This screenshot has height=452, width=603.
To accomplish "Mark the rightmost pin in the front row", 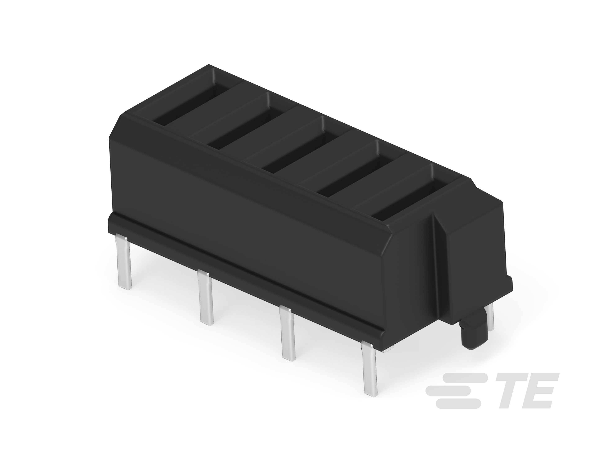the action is [x=370, y=368].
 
